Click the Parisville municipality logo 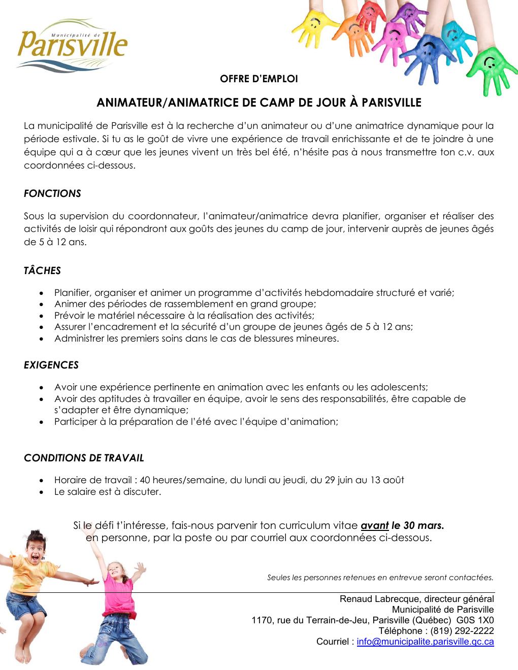pos(72,45)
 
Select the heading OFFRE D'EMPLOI pos(258,79)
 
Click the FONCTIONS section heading pos(52,193)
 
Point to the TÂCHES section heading pos(42,271)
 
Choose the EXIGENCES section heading pos(51,365)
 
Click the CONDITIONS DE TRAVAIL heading pos(84,458)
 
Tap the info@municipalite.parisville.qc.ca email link pos(425,642)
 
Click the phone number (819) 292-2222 pos(462,631)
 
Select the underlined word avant pos(374,525)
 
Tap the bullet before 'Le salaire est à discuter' pos(42,492)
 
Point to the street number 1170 pos(262,620)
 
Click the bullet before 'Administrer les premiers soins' pos(42,339)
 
